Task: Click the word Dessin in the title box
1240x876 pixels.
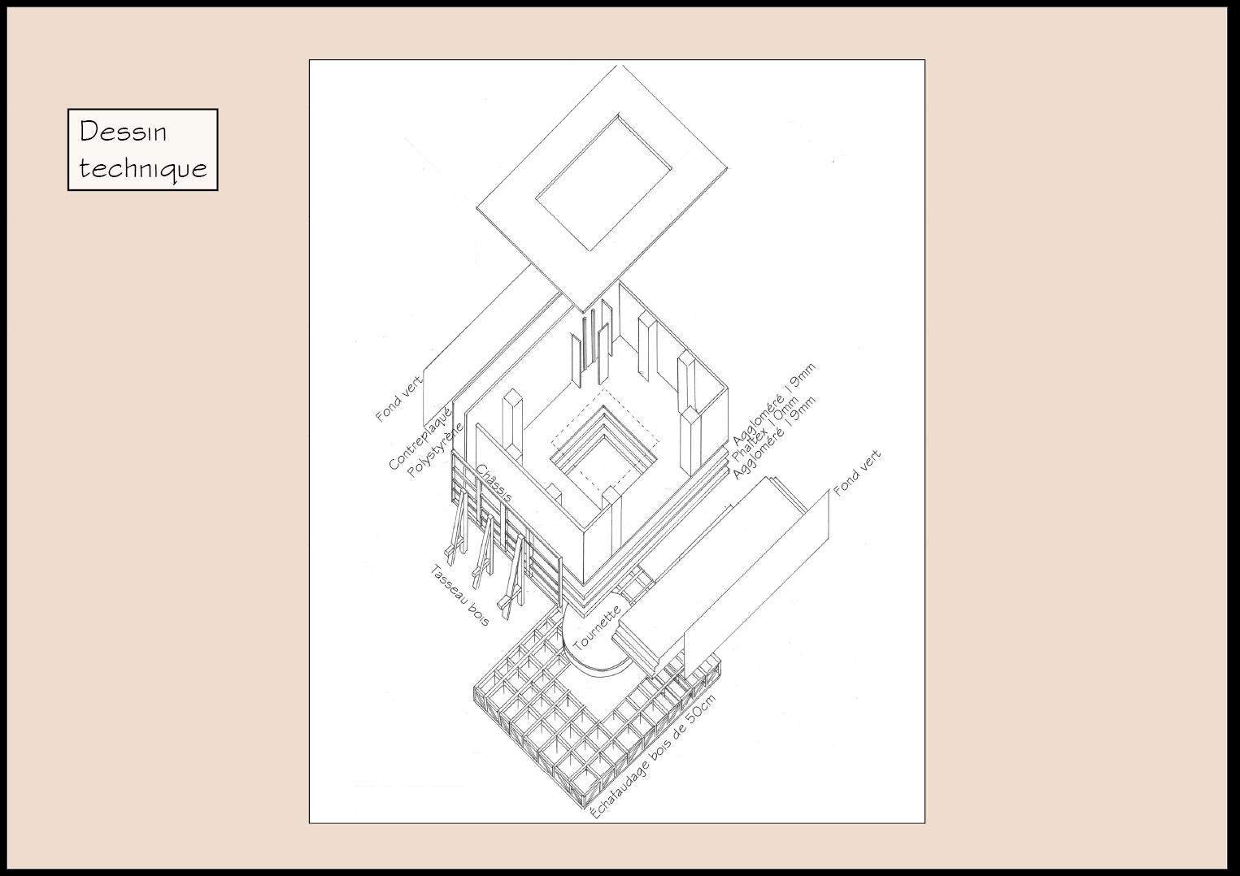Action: click(x=123, y=132)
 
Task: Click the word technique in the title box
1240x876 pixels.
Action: click(x=143, y=168)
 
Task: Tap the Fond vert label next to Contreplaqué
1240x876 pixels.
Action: click(x=399, y=398)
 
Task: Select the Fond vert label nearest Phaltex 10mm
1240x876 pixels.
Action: click(x=857, y=473)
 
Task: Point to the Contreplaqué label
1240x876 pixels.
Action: click(x=420, y=440)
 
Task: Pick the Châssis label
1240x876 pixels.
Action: click(x=494, y=484)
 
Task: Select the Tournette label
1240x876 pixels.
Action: click(x=597, y=628)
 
